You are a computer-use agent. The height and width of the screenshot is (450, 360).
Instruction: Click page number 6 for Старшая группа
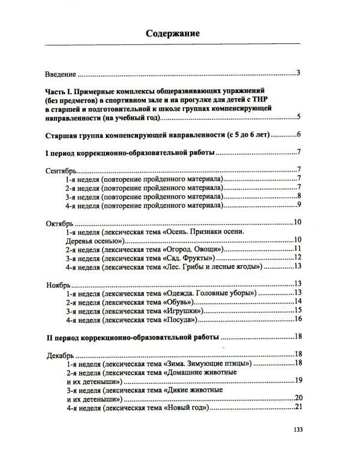(x=298, y=134)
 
